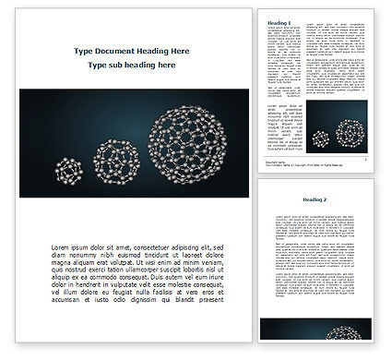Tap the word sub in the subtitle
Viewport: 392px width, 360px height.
(x=119, y=66)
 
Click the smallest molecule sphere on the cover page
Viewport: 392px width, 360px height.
(x=67, y=170)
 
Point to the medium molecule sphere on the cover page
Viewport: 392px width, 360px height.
(x=109, y=155)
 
